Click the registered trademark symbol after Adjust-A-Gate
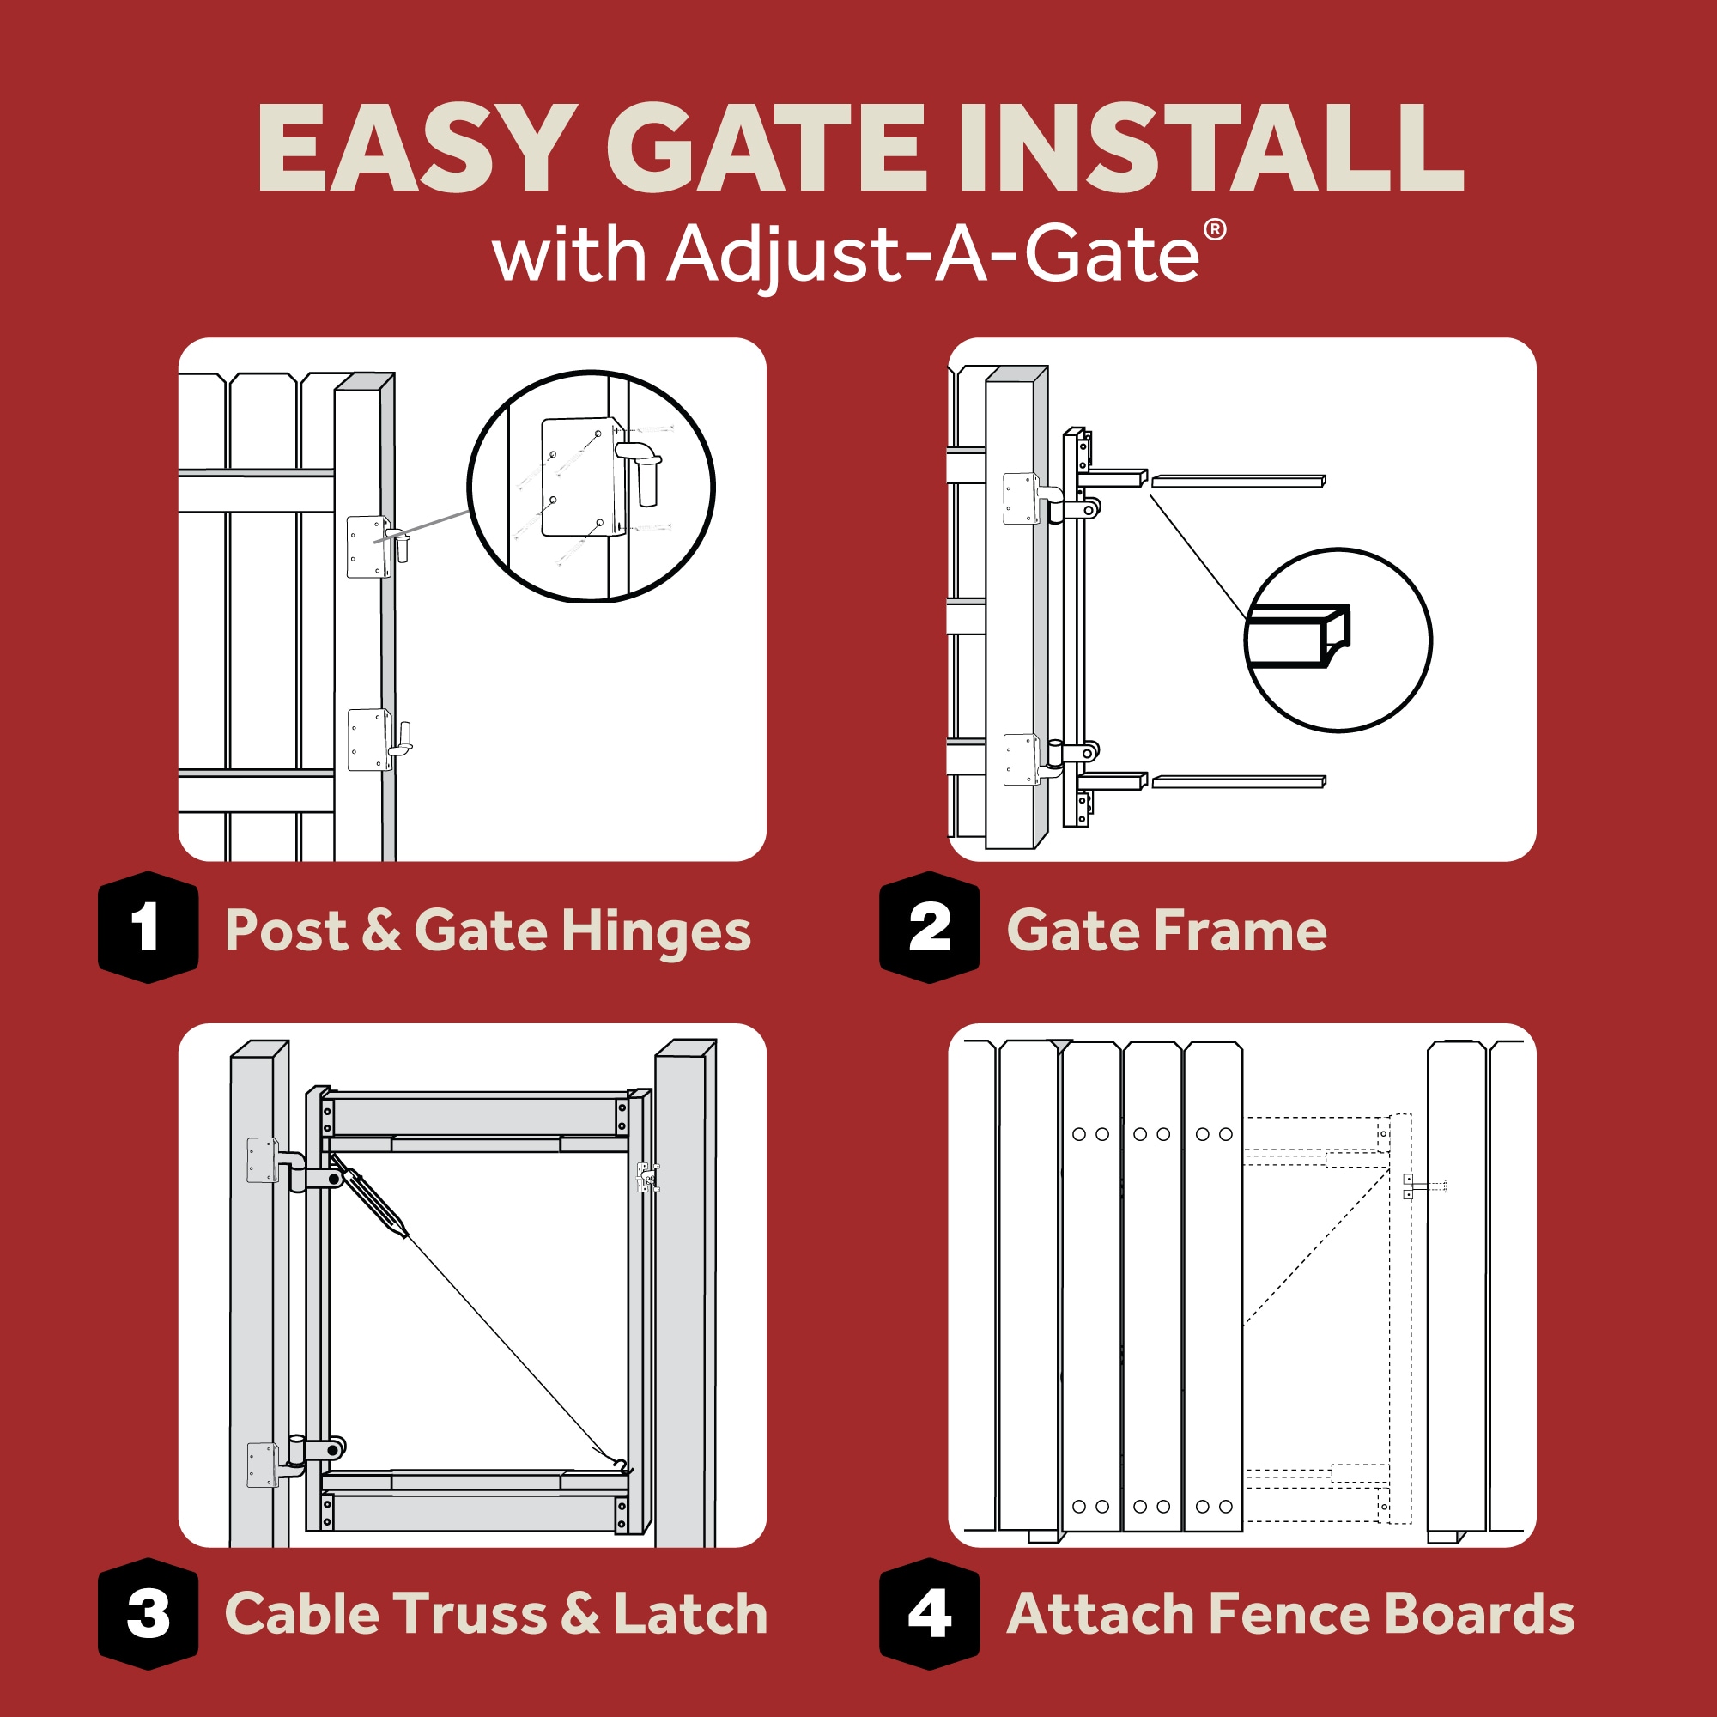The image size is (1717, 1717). coord(1214,230)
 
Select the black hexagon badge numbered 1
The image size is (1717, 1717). coord(148,927)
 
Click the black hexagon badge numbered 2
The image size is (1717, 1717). coord(929,927)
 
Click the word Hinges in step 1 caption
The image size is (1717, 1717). coord(656,931)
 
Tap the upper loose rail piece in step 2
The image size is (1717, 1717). coord(1238,481)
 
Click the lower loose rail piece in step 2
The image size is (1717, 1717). coord(1238,781)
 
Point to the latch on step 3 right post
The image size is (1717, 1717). coord(648,1178)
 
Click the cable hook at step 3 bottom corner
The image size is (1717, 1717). coord(622,1465)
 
